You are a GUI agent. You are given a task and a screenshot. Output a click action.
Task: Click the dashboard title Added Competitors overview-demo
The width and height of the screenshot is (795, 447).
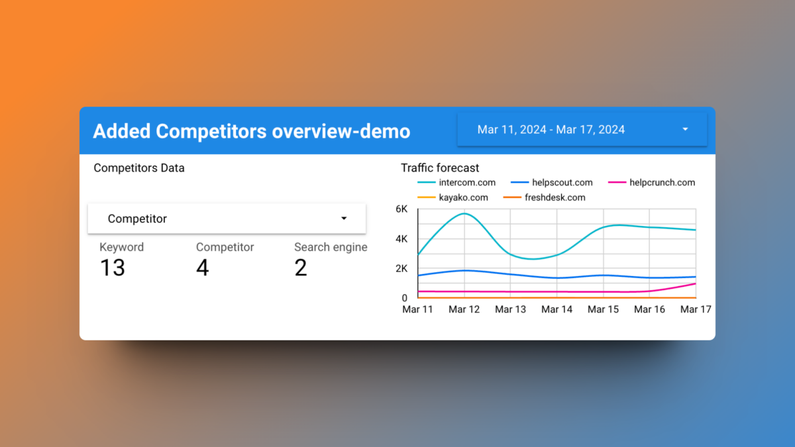pyautogui.click(x=251, y=131)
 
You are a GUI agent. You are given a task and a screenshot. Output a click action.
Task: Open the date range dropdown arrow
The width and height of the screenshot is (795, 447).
pyautogui.click(x=685, y=130)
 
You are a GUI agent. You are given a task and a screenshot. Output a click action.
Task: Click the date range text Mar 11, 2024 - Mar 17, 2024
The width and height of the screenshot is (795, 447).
pyautogui.click(x=551, y=130)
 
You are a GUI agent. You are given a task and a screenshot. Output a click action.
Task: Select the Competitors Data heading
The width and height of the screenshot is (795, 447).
pyautogui.click(x=139, y=168)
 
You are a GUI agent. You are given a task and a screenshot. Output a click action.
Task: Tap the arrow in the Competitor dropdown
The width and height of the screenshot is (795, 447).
pyautogui.click(x=344, y=219)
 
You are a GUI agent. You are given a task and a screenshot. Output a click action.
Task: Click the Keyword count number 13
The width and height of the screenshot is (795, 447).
pyautogui.click(x=113, y=268)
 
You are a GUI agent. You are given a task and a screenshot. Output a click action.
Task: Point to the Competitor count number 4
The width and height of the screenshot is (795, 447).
pyautogui.click(x=202, y=268)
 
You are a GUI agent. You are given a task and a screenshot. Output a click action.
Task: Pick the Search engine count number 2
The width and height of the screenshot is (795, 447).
pyautogui.click(x=301, y=268)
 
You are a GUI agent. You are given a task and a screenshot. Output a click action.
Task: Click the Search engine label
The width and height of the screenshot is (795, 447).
pyautogui.click(x=331, y=247)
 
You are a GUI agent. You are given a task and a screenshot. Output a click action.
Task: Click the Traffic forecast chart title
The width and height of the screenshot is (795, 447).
pyautogui.click(x=440, y=168)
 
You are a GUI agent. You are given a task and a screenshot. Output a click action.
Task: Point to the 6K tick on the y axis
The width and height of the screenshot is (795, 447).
pyautogui.click(x=401, y=209)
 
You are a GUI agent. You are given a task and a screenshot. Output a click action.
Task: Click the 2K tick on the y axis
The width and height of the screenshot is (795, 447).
pyautogui.click(x=401, y=268)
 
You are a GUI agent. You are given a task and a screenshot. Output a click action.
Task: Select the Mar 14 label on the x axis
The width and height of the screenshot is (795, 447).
pyautogui.click(x=556, y=309)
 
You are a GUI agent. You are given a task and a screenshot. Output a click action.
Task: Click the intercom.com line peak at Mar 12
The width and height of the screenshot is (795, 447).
pyautogui.click(x=464, y=213)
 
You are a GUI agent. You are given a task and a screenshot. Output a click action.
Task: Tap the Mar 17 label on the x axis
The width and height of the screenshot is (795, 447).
pyautogui.click(x=696, y=309)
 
